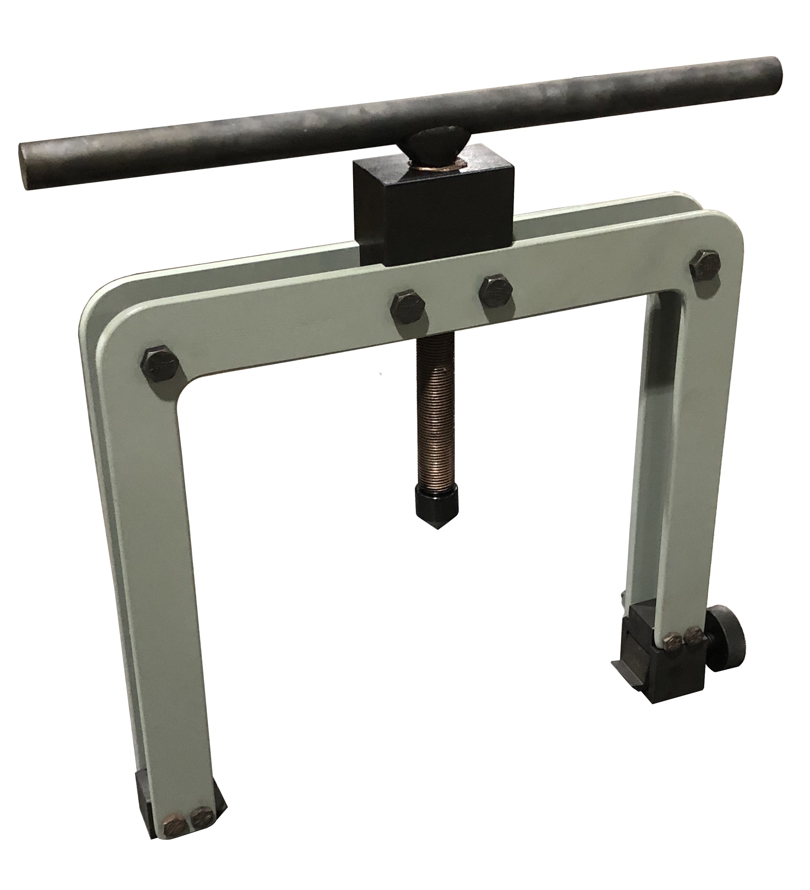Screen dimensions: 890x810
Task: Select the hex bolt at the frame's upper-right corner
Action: coord(707,268)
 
